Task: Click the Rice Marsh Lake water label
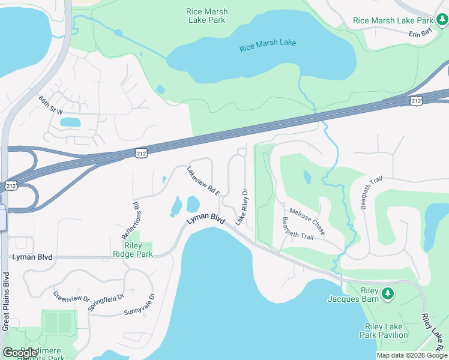point(267,45)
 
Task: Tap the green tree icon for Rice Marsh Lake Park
point(443,21)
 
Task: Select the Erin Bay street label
point(420,34)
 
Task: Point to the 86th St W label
point(51,106)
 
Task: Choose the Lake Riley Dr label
point(242,207)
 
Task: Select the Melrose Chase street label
point(307,221)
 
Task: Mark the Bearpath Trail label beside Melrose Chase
point(298,229)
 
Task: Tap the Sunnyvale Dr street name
point(140,305)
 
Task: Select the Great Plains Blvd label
point(5,301)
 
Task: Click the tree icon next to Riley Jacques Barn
point(388,293)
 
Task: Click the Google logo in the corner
point(20,353)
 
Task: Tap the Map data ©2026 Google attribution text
point(412,355)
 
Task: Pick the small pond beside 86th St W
point(70,122)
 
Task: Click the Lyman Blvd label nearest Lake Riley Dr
point(205,220)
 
